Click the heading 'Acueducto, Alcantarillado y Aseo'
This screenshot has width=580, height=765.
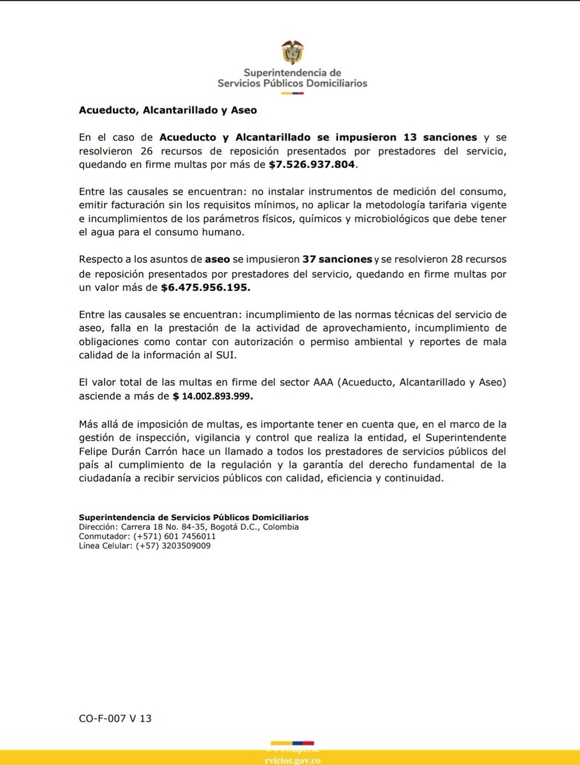coord(168,110)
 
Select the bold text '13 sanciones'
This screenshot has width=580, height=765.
coord(439,137)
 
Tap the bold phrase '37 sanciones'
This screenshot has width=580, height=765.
coord(338,259)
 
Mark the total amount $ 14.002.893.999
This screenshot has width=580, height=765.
coord(214,396)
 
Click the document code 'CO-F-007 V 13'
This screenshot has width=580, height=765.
coord(115,718)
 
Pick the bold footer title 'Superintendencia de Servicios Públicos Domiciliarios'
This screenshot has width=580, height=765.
coord(194,518)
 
